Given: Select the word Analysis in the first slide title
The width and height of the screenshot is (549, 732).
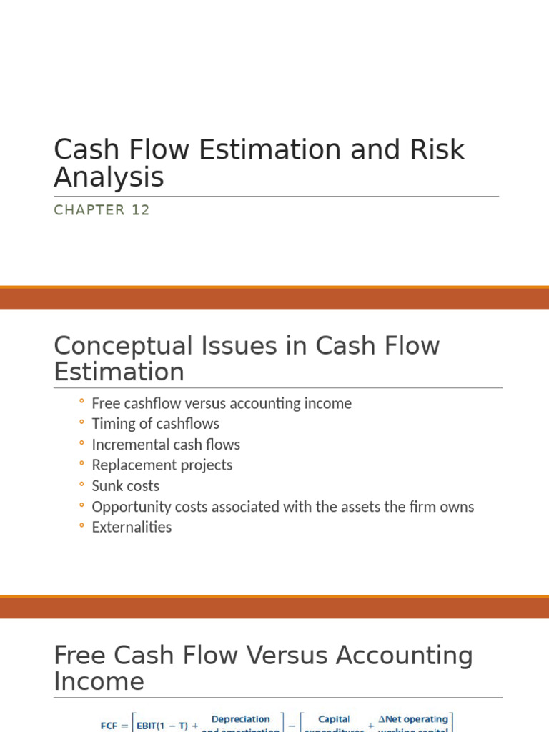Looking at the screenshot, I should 109,177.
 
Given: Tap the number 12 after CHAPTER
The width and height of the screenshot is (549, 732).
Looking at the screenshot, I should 141,210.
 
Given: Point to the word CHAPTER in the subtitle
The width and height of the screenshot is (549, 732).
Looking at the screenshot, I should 89,210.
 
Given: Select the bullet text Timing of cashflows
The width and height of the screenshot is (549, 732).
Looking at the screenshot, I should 155,424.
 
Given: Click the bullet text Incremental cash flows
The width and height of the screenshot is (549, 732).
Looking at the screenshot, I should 166,445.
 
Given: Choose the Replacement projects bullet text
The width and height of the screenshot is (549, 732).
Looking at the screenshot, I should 162,465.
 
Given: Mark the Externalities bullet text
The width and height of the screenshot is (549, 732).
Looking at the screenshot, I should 132,528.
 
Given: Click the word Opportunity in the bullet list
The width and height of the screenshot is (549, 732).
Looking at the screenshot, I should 127,507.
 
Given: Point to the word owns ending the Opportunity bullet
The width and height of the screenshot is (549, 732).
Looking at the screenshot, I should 458,507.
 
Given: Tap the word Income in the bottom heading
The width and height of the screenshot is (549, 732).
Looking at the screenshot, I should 99,682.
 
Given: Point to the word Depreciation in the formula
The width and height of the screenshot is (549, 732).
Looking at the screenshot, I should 242,719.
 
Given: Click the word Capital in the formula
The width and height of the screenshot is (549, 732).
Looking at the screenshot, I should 334,719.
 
